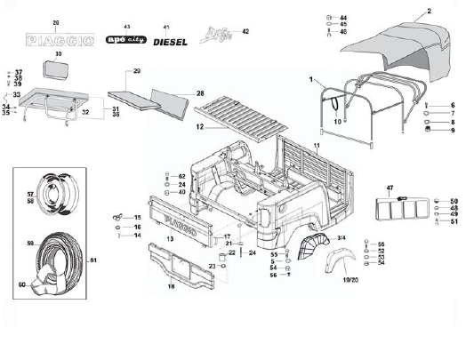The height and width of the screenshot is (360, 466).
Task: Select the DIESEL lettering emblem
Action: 169,41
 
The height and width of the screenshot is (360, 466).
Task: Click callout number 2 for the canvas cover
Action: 429,11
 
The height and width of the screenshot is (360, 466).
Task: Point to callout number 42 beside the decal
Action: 245,31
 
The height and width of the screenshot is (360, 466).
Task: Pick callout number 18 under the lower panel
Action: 171,286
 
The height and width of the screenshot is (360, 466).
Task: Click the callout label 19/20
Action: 348,278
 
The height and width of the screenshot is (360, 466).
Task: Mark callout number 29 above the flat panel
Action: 137,70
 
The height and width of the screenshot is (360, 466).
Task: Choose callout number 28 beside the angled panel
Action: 200,92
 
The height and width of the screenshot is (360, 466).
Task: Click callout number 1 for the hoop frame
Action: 312,80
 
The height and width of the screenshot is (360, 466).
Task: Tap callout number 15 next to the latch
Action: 137,218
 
